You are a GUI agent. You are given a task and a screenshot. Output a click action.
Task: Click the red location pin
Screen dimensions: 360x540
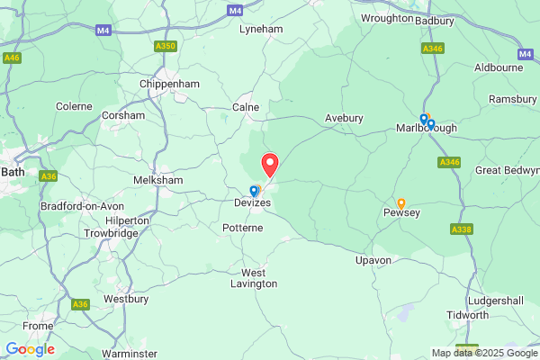(269, 165)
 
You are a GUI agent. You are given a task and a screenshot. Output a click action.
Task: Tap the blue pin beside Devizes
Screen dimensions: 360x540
(254, 190)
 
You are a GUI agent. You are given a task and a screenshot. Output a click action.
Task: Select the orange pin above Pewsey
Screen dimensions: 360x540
(401, 202)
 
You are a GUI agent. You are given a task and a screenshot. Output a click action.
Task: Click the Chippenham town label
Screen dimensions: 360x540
(169, 84)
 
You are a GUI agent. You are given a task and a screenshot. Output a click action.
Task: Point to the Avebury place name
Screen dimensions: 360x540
(344, 118)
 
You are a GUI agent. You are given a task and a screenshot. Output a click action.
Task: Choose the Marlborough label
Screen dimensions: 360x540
(427, 129)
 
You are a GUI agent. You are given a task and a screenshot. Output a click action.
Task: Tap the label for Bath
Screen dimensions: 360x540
(13, 170)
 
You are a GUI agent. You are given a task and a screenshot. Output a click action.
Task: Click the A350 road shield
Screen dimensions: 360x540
(166, 46)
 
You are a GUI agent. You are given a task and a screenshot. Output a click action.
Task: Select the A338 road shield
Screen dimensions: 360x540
(461, 229)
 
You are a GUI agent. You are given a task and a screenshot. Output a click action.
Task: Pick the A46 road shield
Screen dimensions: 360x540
(12, 58)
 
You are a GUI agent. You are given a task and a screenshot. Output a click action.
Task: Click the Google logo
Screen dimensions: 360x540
(30, 349)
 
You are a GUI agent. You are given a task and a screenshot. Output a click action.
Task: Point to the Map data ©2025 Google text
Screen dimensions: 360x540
(483, 352)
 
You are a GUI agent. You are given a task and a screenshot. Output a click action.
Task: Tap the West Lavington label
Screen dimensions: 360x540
(259, 278)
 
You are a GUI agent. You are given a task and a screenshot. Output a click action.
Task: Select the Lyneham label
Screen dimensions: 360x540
(261, 29)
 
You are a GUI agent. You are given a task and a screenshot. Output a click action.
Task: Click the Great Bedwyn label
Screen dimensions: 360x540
(507, 170)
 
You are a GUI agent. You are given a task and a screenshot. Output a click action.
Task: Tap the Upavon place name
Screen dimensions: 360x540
(373, 260)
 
